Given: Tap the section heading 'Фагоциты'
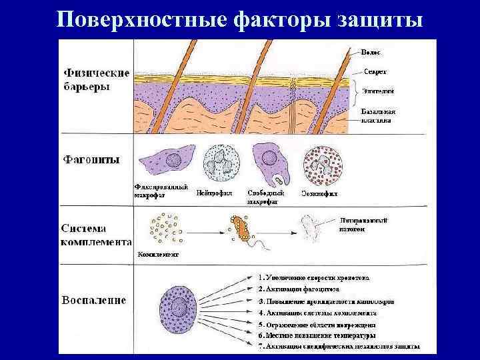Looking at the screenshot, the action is point(91,160).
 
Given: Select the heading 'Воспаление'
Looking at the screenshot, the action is point(95,300).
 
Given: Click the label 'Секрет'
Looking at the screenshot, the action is point(375,71).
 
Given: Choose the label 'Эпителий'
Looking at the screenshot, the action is point(378,90).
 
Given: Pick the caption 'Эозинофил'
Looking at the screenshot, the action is point(319,194).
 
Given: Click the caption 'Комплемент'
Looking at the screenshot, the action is point(158,254).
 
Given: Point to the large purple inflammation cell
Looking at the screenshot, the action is point(178,310).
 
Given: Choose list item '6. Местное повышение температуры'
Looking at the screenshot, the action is point(317,335).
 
